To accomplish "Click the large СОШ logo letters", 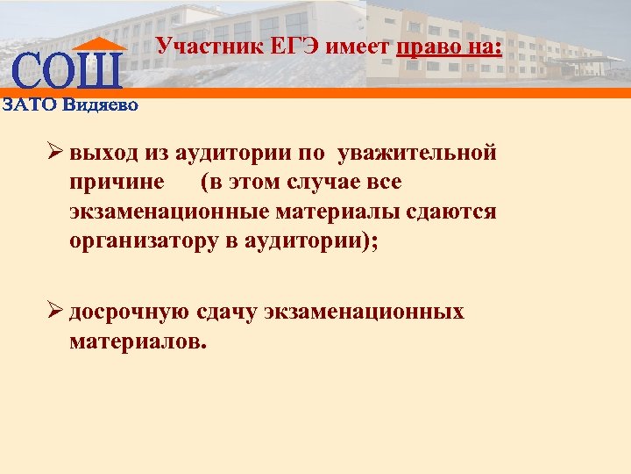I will (x=67, y=71).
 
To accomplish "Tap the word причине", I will (x=117, y=183).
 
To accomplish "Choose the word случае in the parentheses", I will (x=328, y=183).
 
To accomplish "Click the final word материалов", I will (x=138, y=341).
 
